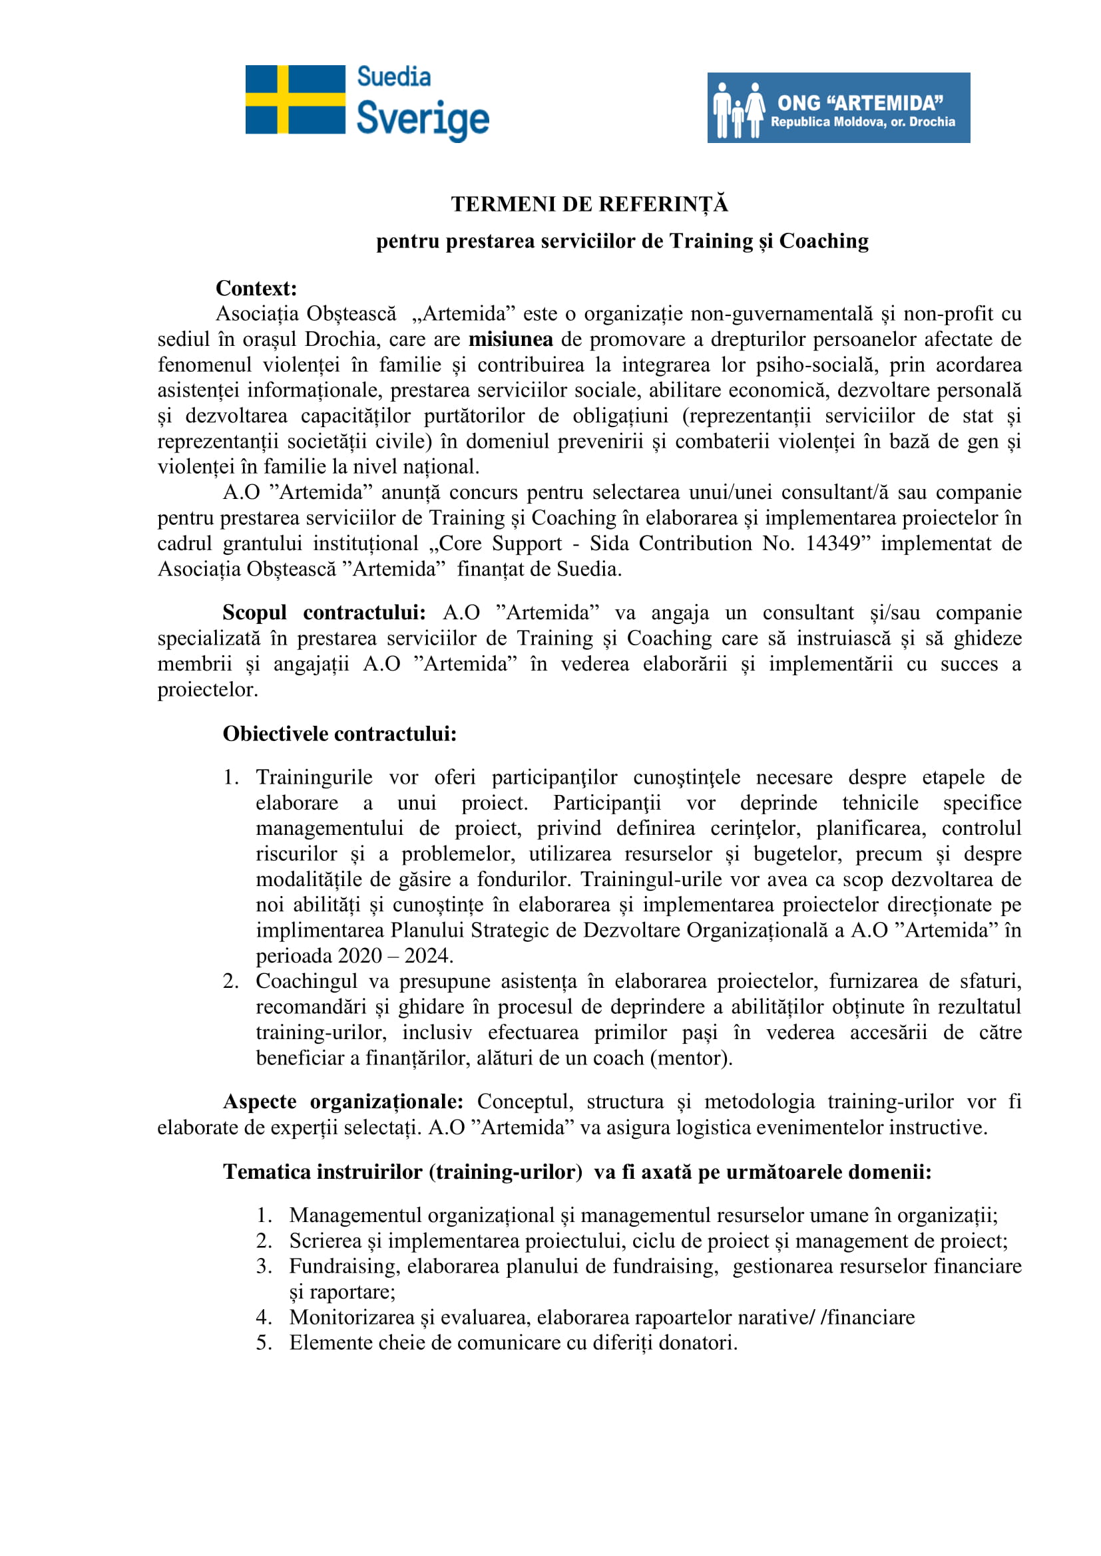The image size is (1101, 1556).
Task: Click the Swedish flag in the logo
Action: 295,100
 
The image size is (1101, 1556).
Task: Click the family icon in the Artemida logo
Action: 738,110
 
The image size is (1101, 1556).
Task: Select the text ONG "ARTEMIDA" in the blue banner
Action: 859,103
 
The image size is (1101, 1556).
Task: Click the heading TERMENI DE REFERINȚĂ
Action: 589,204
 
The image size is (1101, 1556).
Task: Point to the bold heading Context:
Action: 256,288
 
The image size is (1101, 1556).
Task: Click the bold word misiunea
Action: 511,339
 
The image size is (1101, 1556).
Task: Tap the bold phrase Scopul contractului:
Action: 324,613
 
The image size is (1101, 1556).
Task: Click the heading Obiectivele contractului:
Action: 339,734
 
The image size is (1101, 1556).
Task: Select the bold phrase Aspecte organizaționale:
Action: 343,1102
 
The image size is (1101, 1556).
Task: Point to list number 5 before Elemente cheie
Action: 263,1342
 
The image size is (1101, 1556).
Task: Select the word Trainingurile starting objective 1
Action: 314,777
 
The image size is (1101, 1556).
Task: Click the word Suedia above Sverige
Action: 393,77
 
